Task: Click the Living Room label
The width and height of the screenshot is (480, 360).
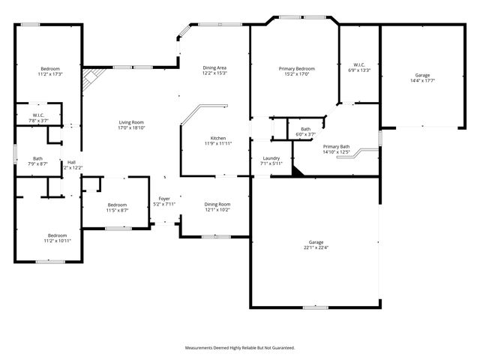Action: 131,122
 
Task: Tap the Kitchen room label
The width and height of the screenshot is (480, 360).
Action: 218,137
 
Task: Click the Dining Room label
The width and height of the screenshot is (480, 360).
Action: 217,204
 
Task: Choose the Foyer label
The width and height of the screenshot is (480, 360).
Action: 163,199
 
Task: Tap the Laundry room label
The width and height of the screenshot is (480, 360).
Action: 271,158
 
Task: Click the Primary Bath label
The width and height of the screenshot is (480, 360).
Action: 336,146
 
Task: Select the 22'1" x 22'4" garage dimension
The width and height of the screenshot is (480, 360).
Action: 315,247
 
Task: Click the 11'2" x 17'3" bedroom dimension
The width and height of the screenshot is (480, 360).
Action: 50,74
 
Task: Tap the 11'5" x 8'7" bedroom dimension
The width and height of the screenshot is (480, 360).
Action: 117,210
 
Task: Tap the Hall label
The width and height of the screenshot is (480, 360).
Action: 72,162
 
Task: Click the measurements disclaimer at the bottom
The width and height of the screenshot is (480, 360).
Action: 240,347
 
